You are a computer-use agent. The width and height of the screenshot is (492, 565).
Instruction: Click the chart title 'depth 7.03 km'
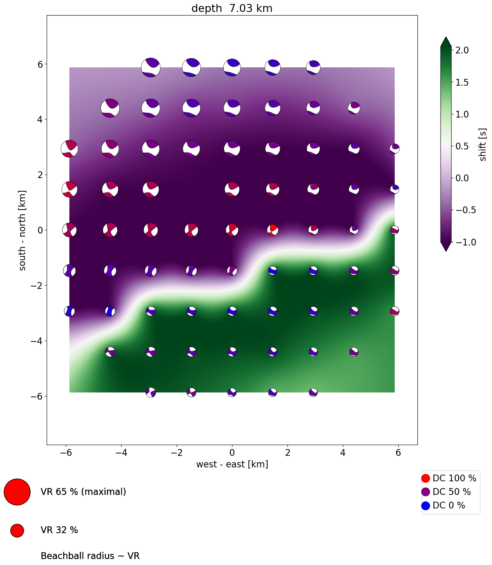point(232,8)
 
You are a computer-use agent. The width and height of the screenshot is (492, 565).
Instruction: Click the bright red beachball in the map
point(273,230)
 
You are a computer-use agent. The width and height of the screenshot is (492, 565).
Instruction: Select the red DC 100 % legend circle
point(425,478)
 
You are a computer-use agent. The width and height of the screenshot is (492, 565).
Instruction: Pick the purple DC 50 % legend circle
point(425,492)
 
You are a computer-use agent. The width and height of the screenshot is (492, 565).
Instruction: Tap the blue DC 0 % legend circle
point(425,506)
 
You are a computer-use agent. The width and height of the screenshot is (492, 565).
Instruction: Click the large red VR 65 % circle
point(17,492)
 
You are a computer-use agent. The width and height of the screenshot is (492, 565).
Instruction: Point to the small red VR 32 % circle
point(17,530)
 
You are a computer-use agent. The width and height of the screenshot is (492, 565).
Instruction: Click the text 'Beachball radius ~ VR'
point(90,556)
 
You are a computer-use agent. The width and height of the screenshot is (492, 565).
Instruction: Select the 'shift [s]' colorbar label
point(483,145)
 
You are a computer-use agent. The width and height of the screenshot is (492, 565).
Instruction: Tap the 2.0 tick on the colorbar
point(462,50)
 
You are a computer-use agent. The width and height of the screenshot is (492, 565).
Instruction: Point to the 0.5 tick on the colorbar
point(462,146)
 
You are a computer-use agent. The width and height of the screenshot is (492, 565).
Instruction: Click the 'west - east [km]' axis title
point(232,464)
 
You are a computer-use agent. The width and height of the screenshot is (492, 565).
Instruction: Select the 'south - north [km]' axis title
point(22,230)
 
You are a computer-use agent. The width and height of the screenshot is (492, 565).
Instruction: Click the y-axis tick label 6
point(40,64)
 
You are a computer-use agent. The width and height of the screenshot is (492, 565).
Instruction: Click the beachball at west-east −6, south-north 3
point(69,149)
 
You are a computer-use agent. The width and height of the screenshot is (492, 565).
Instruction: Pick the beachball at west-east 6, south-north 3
point(395,148)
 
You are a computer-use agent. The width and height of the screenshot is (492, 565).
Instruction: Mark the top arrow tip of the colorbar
point(446,37)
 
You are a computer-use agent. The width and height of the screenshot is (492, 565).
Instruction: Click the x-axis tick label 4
point(343,453)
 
